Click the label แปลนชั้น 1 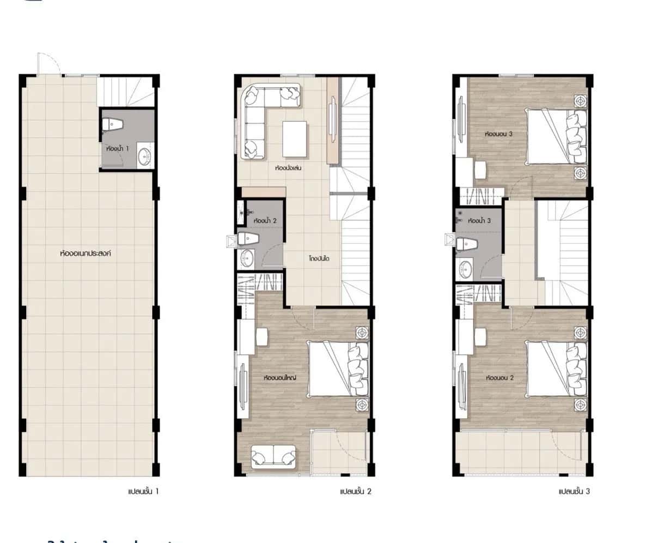click(x=143, y=492)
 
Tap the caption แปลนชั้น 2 click(x=355, y=492)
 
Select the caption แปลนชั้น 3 click(x=574, y=492)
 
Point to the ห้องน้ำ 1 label click(x=118, y=148)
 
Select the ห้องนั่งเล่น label click(x=289, y=168)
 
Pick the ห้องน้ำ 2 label click(x=265, y=221)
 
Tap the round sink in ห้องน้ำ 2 click(x=247, y=258)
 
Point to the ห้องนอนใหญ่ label click(x=279, y=378)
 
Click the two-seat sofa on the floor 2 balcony click(x=273, y=457)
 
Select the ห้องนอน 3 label click(x=499, y=132)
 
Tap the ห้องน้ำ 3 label click(x=480, y=221)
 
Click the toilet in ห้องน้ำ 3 click(x=466, y=244)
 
